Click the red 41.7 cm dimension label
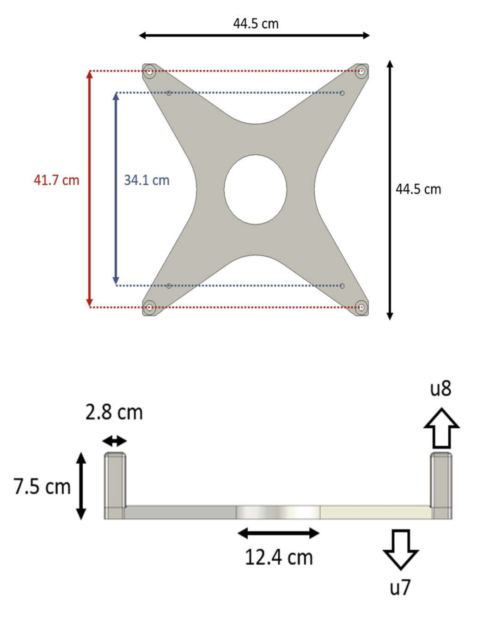[56, 180]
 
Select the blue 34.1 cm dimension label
[147, 180]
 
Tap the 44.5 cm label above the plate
[256, 24]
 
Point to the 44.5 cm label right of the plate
[418, 189]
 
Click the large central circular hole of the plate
[255, 189]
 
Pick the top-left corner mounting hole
[149, 71]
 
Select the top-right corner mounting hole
[361, 71]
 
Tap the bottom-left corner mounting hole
[149, 307]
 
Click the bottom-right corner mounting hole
[361, 307]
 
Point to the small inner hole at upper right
[342, 93]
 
